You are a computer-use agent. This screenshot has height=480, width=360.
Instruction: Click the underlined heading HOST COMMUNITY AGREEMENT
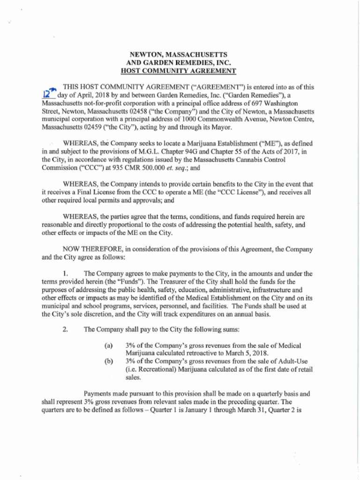click(179, 71)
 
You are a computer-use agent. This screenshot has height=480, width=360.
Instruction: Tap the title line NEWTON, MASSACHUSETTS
click(179, 55)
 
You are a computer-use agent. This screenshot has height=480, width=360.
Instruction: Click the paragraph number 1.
click(66, 273)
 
